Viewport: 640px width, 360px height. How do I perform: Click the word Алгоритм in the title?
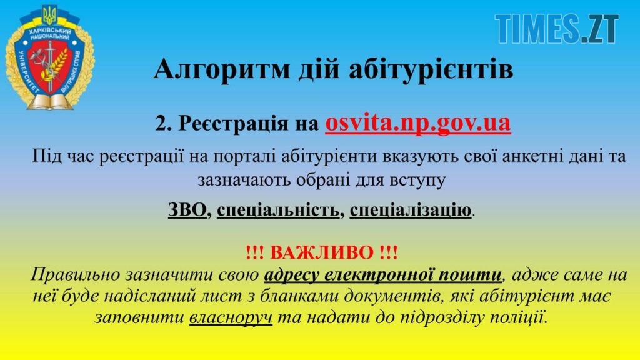click(222, 69)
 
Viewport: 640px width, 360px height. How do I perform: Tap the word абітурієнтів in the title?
click(431, 69)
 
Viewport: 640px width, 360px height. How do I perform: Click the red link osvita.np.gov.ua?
click(418, 123)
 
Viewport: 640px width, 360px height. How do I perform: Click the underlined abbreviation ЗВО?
click(187, 210)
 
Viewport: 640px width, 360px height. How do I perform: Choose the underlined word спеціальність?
click(278, 211)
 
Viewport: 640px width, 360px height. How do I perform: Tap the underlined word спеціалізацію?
click(411, 211)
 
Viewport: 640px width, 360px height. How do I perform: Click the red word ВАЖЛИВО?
click(322, 252)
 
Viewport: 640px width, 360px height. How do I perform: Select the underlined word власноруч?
click(231, 317)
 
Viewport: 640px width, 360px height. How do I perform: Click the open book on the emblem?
click(51, 102)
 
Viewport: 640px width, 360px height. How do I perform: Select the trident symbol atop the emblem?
click(50, 15)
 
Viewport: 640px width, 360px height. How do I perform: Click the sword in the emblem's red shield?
click(50, 65)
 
